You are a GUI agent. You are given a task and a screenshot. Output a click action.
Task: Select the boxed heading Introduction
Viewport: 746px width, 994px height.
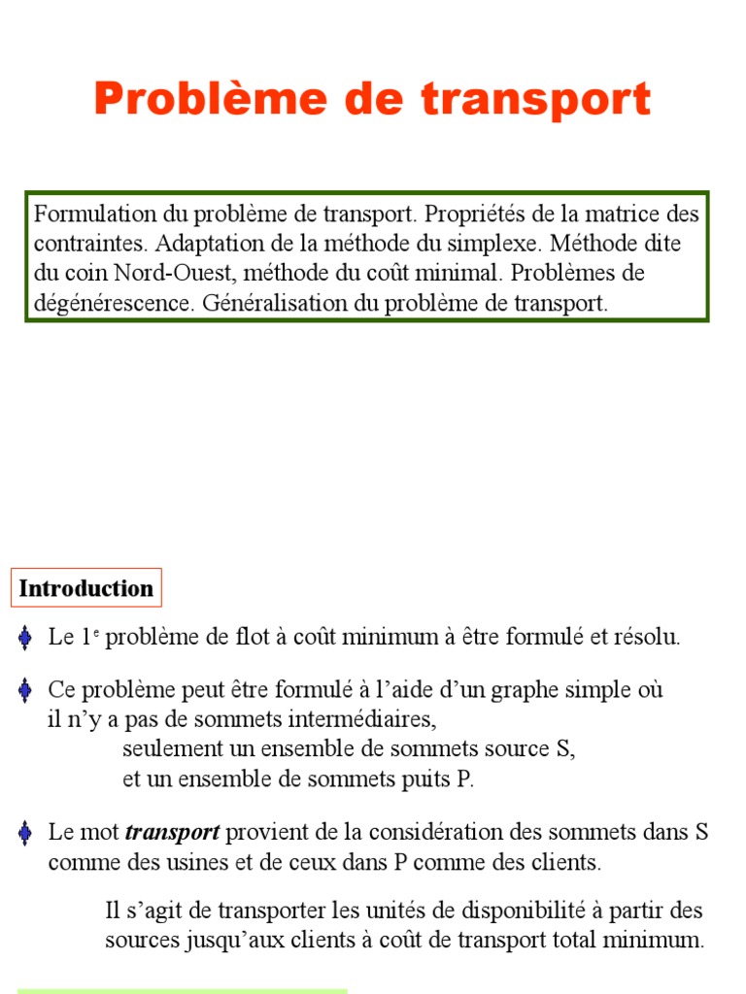pos(86,588)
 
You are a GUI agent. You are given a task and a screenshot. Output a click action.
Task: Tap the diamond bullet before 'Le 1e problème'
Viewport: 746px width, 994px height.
pos(25,638)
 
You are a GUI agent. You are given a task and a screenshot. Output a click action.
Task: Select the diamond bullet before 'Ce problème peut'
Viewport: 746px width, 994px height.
pos(25,690)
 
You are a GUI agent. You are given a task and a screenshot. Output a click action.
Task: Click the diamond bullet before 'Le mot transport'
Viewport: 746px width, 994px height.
pos(25,833)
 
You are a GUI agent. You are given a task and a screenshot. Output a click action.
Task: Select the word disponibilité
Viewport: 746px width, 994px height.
pos(529,911)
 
